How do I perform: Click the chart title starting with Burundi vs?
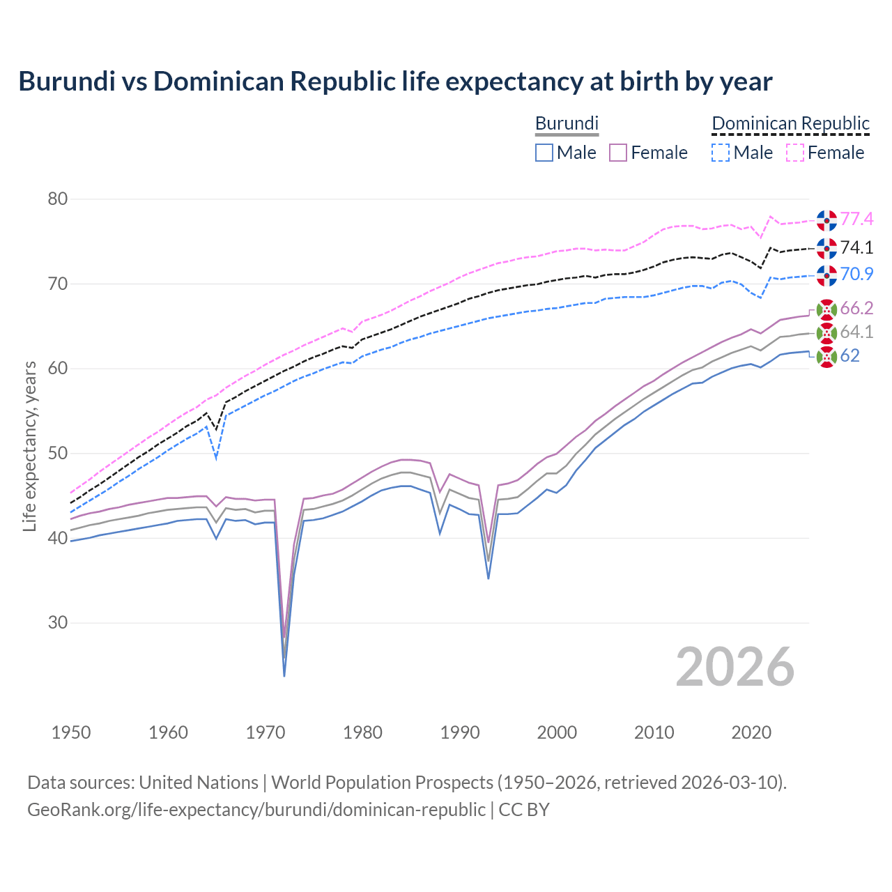click(x=395, y=82)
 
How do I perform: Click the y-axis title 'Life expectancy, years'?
click(x=29, y=446)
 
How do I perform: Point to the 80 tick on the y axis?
click(x=58, y=199)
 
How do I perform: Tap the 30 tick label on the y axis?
click(x=58, y=623)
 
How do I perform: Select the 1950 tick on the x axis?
click(x=71, y=732)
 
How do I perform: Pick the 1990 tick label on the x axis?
click(x=460, y=732)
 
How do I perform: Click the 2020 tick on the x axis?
click(x=751, y=732)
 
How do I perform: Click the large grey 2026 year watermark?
click(x=735, y=667)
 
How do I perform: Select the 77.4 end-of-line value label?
click(x=856, y=220)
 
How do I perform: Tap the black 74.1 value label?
click(x=856, y=248)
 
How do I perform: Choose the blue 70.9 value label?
click(x=856, y=275)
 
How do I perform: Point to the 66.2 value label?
click(x=856, y=309)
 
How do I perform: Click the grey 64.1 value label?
click(x=856, y=332)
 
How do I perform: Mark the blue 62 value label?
click(x=849, y=356)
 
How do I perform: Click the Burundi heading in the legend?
click(x=567, y=123)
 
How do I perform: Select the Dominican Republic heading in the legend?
click(x=790, y=123)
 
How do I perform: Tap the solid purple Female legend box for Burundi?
click(x=618, y=153)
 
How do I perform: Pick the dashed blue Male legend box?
click(x=721, y=153)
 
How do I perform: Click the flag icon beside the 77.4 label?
click(x=826, y=220)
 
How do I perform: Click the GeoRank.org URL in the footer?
click(x=256, y=810)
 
